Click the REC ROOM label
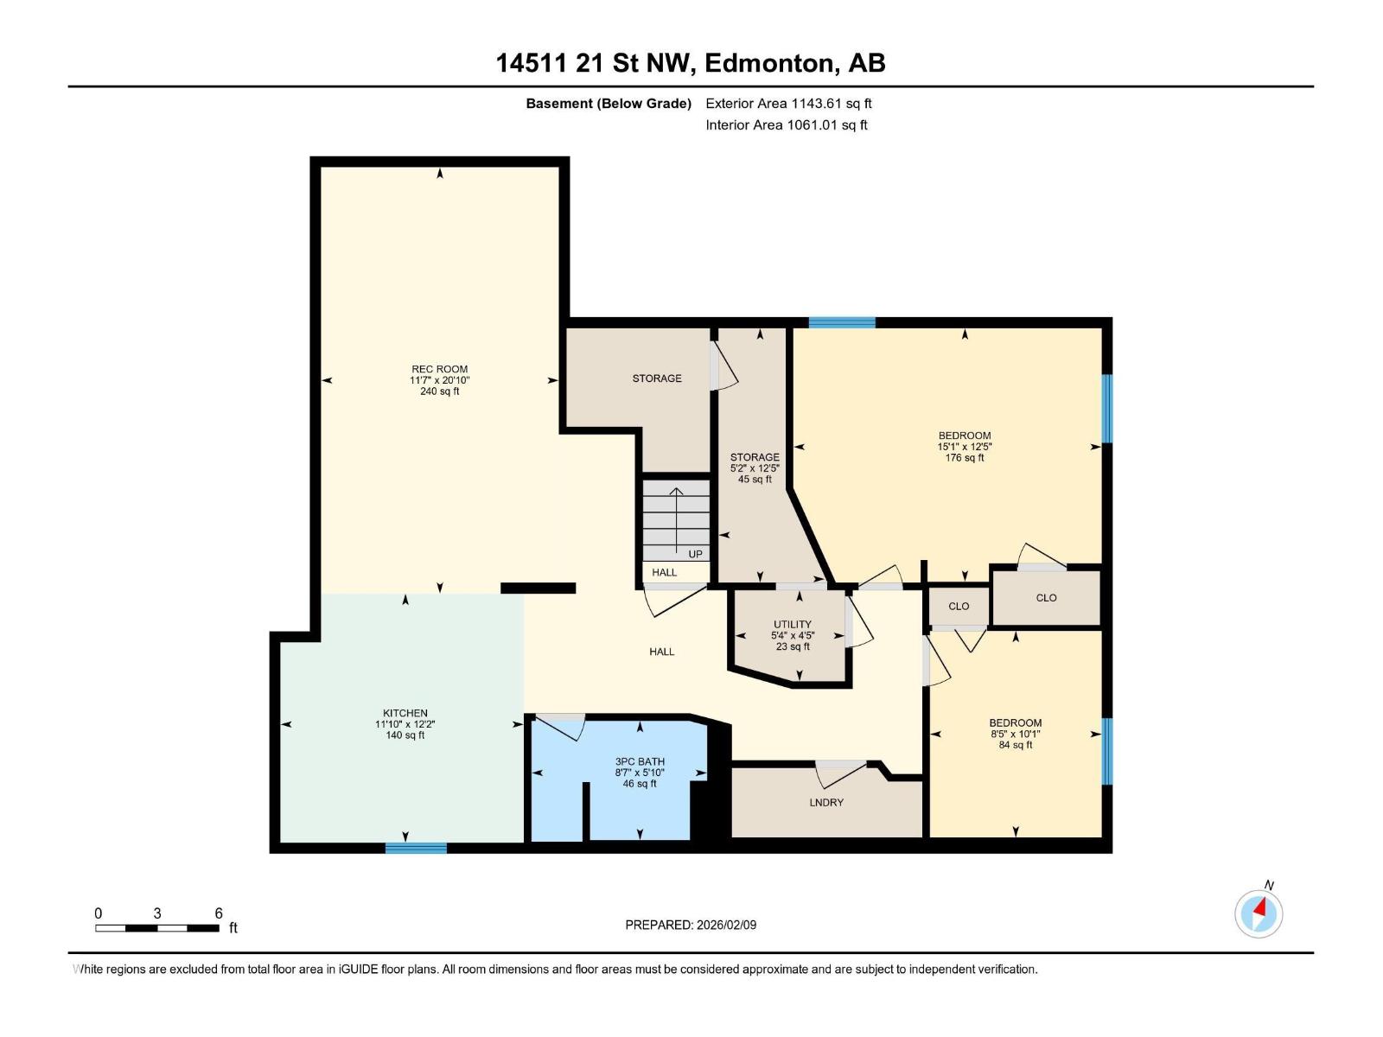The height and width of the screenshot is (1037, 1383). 439,369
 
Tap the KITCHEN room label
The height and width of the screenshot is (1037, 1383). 405,714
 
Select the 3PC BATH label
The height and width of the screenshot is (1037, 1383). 640,762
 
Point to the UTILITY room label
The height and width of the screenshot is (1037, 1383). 793,624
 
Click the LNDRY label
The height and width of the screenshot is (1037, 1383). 826,803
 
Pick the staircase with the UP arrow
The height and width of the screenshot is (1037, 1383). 676,520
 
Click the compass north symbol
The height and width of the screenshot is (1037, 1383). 1259,913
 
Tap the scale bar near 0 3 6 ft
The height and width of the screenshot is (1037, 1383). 156,928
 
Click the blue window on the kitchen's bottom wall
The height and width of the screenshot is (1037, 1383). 416,848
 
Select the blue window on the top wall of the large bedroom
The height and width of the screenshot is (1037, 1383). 842,322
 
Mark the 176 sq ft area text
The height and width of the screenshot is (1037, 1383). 965,458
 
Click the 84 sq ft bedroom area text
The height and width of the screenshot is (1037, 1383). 1016,745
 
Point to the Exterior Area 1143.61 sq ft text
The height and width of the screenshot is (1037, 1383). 788,104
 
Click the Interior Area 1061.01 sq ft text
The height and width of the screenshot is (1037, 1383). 786,125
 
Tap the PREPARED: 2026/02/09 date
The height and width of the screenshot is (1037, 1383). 691,925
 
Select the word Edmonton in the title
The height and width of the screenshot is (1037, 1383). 770,63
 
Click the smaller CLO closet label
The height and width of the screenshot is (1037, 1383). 959,607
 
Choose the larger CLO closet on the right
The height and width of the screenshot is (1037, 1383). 1046,598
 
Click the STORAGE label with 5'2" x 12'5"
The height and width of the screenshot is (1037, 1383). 755,457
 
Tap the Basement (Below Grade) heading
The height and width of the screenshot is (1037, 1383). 609,104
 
